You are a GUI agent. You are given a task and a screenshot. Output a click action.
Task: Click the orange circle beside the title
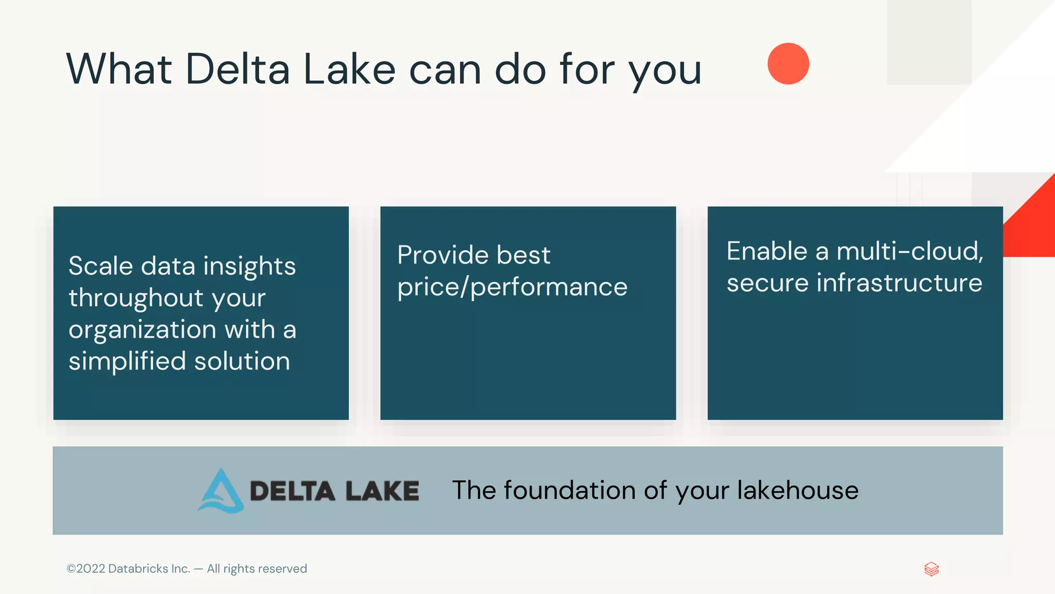point(788,63)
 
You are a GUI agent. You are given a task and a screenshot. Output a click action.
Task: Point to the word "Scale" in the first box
point(101,266)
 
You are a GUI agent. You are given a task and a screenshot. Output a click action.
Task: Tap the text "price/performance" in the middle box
point(512,287)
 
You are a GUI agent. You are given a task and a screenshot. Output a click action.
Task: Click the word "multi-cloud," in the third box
point(910,251)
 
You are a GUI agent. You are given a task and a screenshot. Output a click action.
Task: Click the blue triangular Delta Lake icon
point(220,491)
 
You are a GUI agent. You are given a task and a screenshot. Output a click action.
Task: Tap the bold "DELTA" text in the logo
point(292,491)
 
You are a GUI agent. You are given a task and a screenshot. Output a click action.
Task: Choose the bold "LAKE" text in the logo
point(382,491)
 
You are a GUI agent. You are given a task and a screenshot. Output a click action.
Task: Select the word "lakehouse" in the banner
point(798,490)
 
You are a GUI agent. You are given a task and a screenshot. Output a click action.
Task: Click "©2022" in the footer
point(86,569)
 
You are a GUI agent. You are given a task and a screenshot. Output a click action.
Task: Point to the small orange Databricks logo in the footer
point(931,569)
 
